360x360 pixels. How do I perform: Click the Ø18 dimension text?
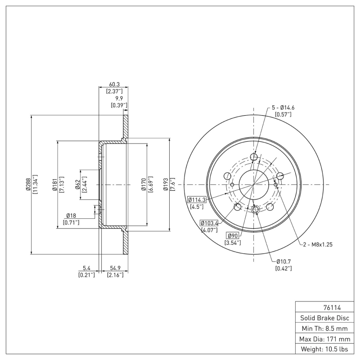71,216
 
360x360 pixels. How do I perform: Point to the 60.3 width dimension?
114,84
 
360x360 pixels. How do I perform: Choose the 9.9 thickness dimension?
119,98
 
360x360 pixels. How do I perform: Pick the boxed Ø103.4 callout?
209,223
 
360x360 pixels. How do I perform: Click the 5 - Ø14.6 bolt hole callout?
283,108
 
